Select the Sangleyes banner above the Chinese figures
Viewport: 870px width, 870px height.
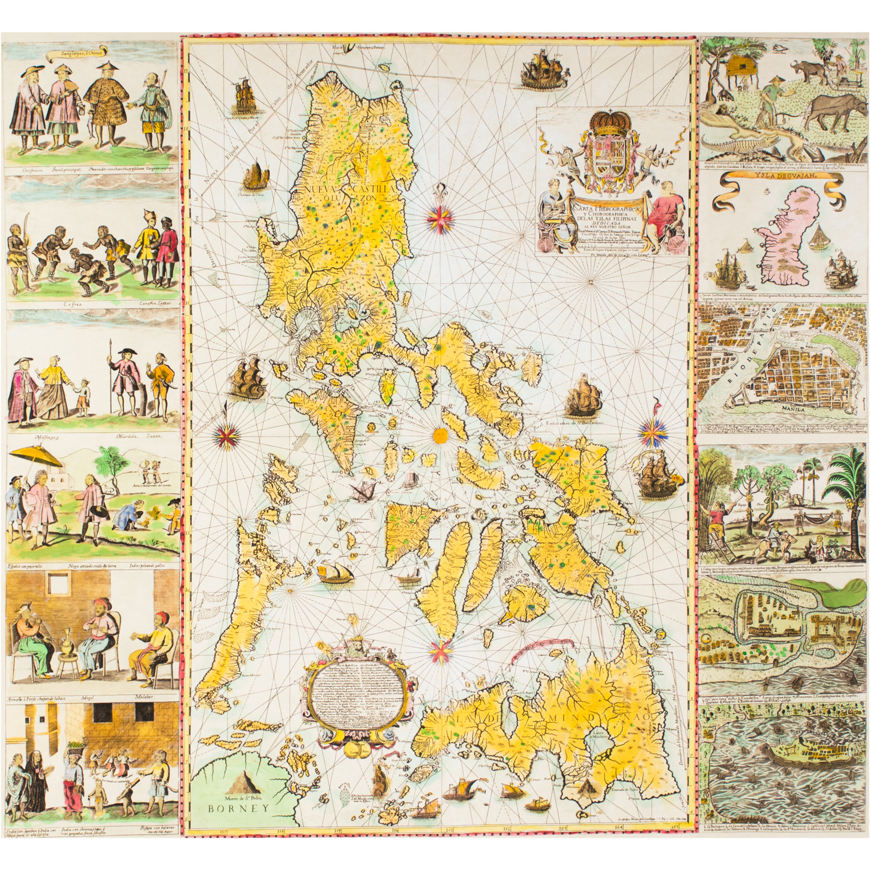point(77,54)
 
